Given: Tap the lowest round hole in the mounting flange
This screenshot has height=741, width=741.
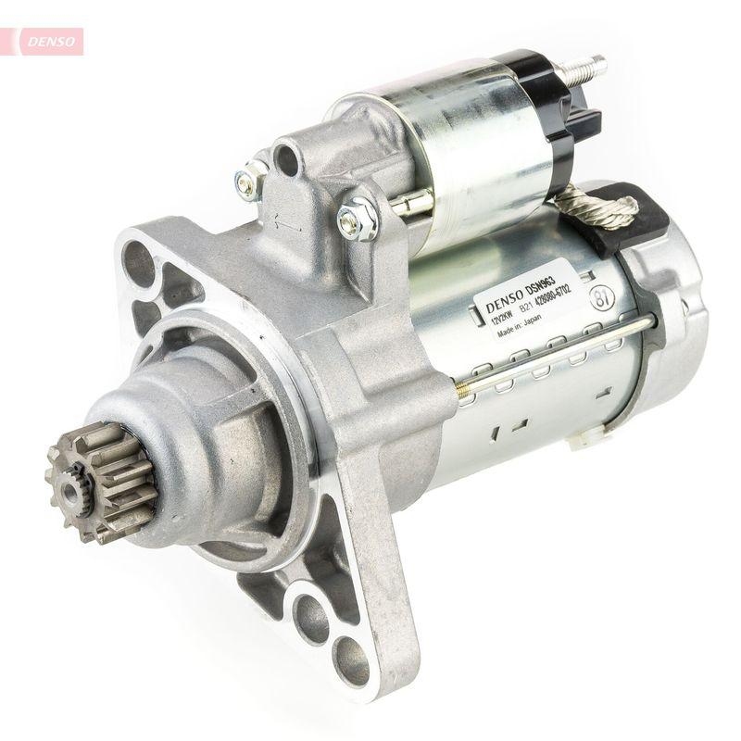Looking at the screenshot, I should [351, 659].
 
